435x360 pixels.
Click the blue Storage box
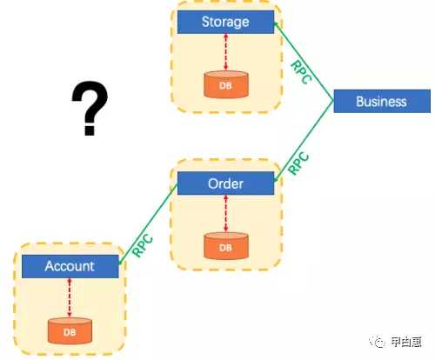[x=225, y=22]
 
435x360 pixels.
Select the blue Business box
[x=382, y=101]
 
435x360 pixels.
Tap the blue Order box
[x=225, y=183]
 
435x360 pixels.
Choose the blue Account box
[x=70, y=266]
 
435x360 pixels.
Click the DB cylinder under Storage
[x=226, y=84]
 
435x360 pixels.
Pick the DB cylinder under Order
[x=226, y=246]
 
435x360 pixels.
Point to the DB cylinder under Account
[x=70, y=331]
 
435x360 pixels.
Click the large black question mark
[x=90, y=109]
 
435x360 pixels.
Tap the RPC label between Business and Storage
[x=301, y=72]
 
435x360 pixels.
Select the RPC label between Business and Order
[x=299, y=163]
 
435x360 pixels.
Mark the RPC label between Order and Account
[x=143, y=245]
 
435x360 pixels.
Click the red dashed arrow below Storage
[x=226, y=52]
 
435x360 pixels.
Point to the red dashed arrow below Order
[x=226, y=214]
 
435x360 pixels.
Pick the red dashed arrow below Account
[x=70, y=297]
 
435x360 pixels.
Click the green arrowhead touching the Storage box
[x=276, y=25]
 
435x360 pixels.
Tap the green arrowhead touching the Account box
[x=121, y=261]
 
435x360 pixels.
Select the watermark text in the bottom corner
[x=396, y=342]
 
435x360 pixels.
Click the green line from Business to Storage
[x=304, y=61]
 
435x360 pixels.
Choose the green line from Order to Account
[x=148, y=224]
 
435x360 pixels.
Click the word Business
[x=381, y=102]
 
